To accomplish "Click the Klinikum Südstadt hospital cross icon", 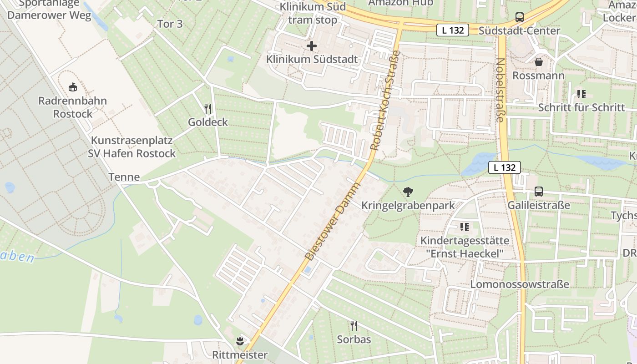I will pos(312,46).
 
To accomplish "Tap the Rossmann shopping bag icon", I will pos(539,62).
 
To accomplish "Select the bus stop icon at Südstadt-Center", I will pos(519,17).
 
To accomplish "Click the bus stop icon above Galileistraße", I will pos(539,192).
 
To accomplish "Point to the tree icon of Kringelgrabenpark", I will pos(408,192).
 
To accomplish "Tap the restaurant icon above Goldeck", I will pos(208,108).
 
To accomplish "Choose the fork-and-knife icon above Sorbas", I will pos(354,325).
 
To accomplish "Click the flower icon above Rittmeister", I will pos(240,340).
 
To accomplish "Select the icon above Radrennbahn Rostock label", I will pos(72,86).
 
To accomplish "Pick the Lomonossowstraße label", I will pos(520,284).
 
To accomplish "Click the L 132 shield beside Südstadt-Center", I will pos(452,30).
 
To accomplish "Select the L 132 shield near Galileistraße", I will pos(504,167).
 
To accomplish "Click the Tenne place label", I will pos(124,177).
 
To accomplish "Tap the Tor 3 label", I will pos(170,24).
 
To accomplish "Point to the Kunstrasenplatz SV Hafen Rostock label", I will pos(131,147).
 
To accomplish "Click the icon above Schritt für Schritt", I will pos(581,94).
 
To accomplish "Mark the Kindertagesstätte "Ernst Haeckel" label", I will pos(465,247).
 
